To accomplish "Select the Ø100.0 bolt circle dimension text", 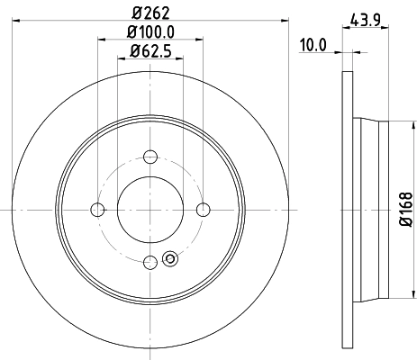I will [150, 34].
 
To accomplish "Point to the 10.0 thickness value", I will [313, 42].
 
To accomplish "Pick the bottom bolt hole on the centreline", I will [150, 263].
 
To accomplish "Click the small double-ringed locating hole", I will [170, 262].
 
